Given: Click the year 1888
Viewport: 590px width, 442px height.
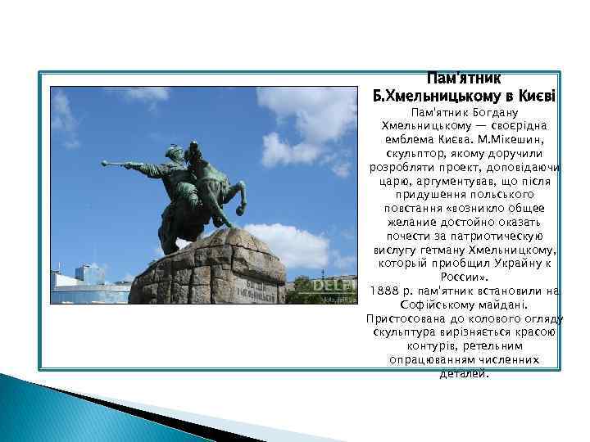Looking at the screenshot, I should [385, 291].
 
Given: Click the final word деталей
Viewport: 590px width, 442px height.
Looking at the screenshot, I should [464, 373].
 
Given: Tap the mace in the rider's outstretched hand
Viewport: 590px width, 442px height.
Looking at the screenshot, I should [131, 166].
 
